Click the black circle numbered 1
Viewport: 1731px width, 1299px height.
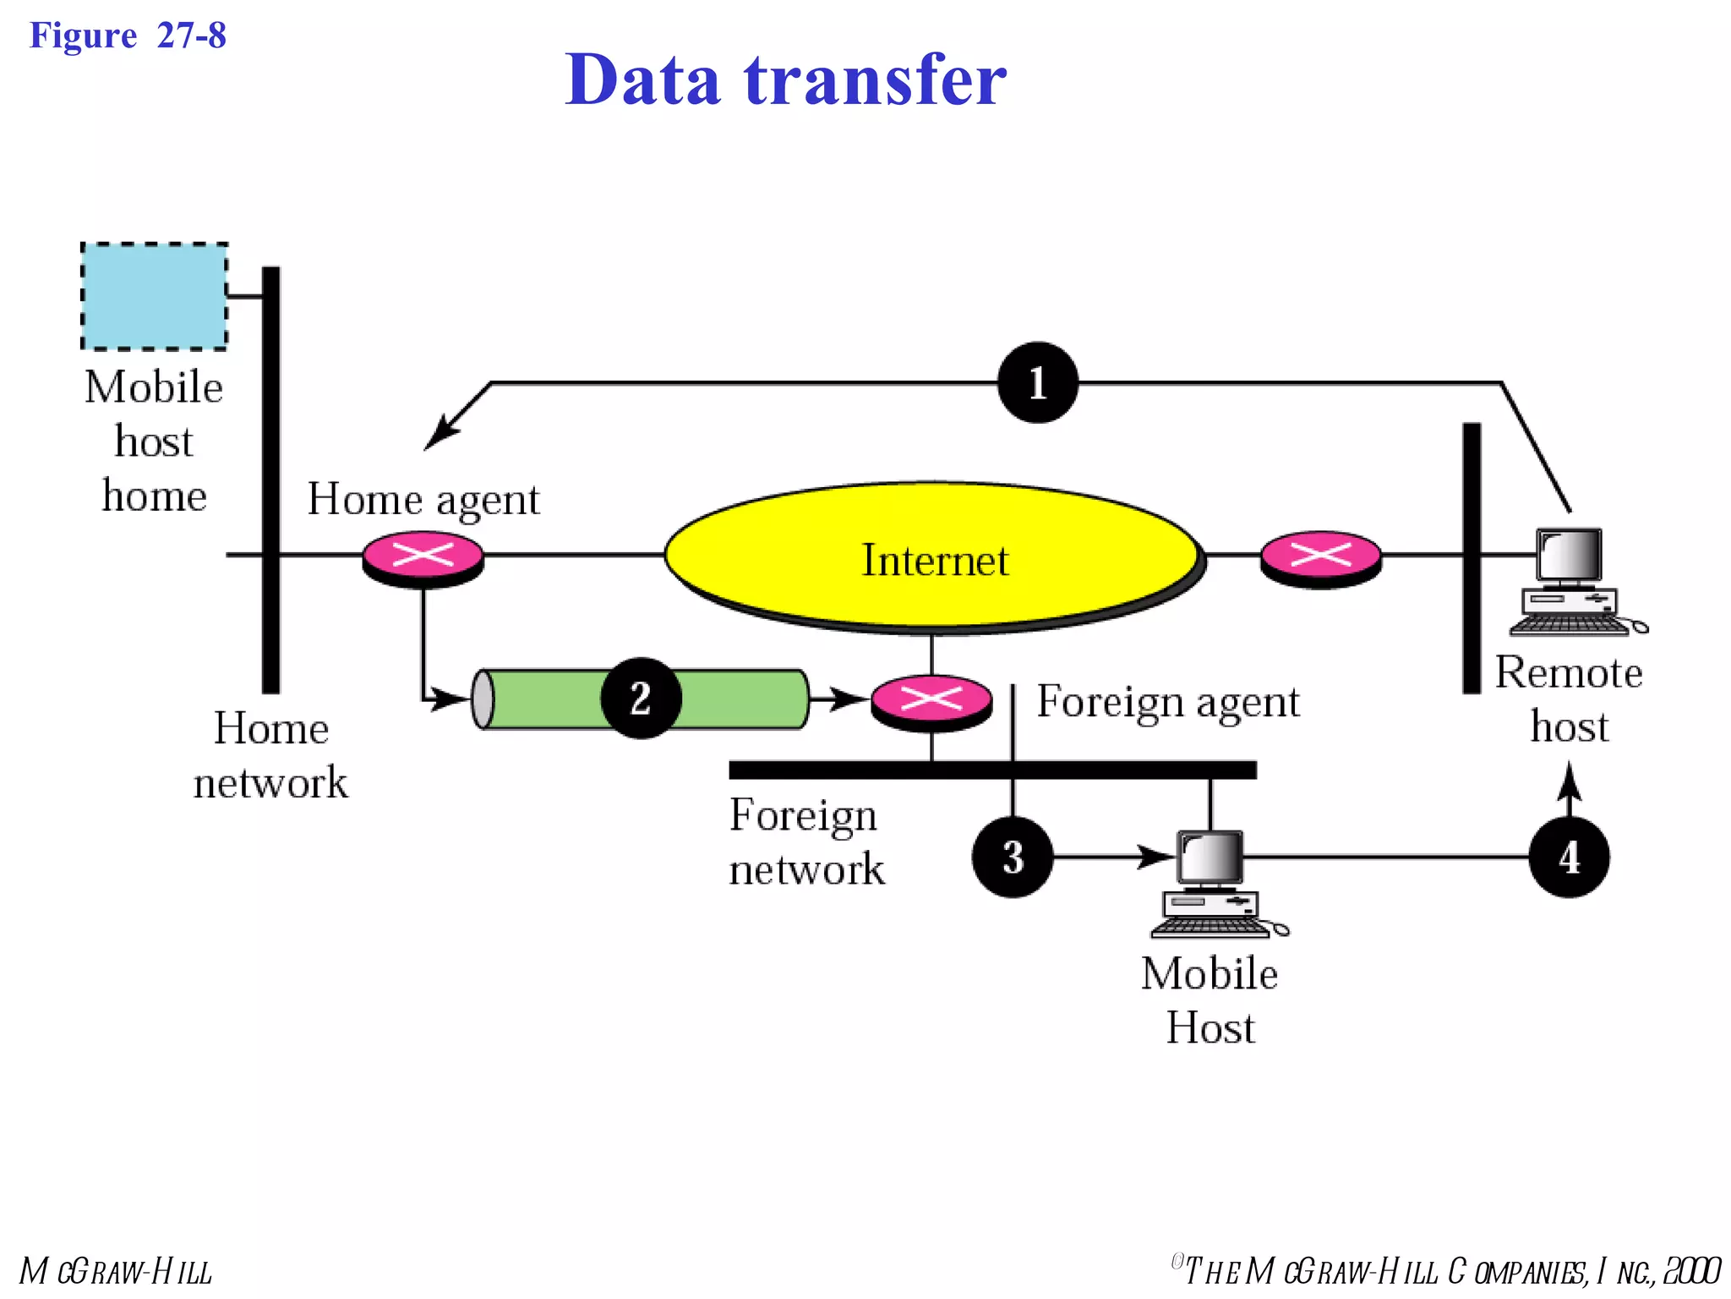click(1037, 382)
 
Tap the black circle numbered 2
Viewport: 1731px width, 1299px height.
click(641, 698)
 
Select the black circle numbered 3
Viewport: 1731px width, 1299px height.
click(1013, 857)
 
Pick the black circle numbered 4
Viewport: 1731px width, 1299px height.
click(1569, 857)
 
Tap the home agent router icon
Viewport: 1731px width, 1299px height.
click(423, 558)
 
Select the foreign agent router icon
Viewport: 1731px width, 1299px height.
click(931, 701)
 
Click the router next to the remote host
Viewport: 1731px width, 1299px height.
click(1320, 558)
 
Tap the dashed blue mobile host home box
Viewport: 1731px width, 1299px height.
click(154, 296)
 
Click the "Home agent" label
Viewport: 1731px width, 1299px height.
click(423, 499)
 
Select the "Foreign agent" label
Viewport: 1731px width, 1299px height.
click(1168, 702)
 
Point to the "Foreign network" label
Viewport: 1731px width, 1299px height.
click(805, 841)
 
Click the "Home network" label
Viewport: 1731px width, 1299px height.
click(270, 755)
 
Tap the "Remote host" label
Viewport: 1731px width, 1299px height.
click(1569, 699)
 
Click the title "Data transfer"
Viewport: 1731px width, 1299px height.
click(785, 79)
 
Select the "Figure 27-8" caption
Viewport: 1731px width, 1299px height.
click(128, 36)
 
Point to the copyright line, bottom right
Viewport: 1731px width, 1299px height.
click(1445, 1271)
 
